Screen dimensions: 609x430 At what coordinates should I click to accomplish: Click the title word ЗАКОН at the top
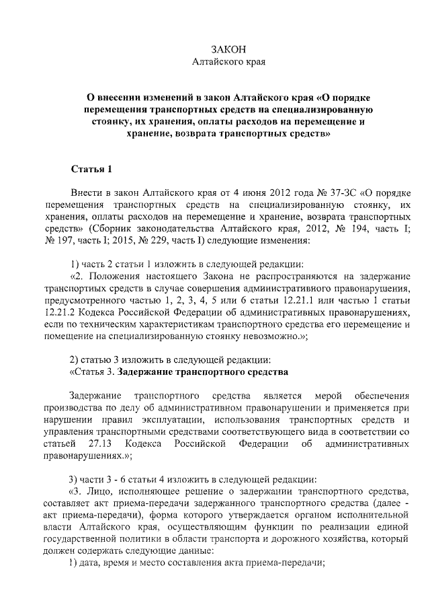[x=229, y=50]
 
